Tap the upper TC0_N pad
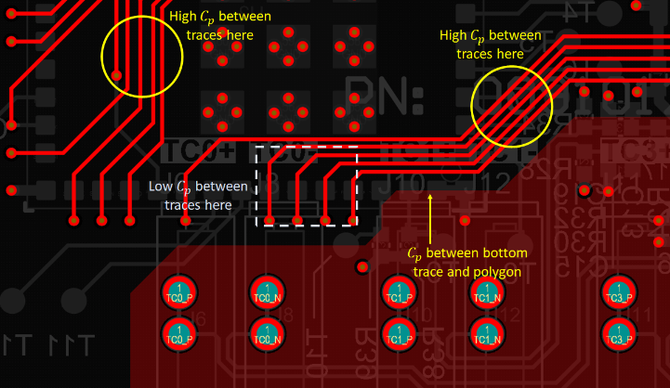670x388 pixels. [x=267, y=291]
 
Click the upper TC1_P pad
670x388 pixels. [x=398, y=291]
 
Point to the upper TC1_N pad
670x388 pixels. [x=484, y=291]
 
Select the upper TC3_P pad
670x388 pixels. [x=617, y=291]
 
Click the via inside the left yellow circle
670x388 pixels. [x=117, y=75]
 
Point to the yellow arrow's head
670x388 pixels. [x=429, y=196]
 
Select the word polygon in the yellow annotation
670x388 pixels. [x=489, y=272]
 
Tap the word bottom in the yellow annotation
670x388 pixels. [x=506, y=253]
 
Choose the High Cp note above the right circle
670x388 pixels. [x=491, y=45]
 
